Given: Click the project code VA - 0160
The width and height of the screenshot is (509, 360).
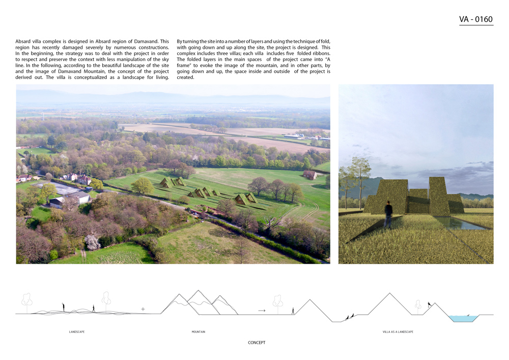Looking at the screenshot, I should click(476, 20).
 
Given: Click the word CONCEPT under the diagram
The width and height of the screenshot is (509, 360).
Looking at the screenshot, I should click(257, 343).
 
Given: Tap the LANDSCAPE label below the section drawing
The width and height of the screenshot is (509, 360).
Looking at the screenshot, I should click(77, 332).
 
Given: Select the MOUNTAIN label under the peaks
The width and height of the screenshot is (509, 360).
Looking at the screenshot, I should click(199, 332).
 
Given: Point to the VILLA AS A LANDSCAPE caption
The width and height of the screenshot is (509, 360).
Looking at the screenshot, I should click(398, 332).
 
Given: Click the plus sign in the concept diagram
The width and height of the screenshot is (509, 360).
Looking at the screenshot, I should click(143, 309).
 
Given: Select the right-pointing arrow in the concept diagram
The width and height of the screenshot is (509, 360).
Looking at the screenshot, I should click(262, 310).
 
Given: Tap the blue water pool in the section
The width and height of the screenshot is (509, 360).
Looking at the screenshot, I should click(464, 318).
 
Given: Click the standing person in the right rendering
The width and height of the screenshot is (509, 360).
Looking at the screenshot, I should click(389, 213).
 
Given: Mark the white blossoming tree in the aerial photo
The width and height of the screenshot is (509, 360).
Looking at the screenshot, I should click(93, 242).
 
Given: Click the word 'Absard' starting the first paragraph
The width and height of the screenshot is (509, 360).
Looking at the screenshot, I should click(23, 41).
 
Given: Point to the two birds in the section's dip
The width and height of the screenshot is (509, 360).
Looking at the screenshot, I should click(350, 316).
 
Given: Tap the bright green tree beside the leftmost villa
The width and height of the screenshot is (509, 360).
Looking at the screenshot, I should click(142, 185).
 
